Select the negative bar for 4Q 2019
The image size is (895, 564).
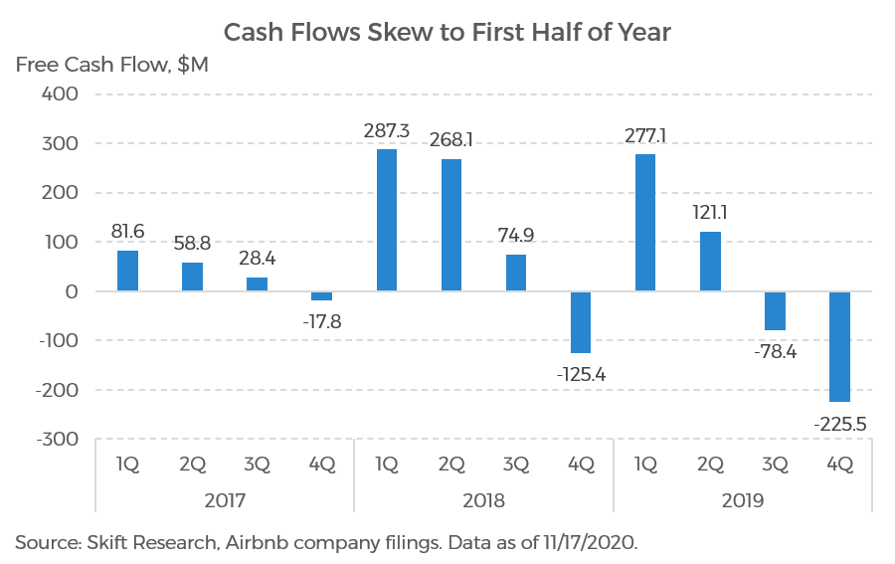839,346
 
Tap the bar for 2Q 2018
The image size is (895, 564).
450,225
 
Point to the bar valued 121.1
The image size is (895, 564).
710,262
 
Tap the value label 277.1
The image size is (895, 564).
645,132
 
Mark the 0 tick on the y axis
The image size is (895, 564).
72,291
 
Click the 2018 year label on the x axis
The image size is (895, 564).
483,500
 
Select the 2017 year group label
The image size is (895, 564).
225,500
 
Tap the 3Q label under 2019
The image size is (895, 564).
775,464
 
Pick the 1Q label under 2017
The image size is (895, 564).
127,464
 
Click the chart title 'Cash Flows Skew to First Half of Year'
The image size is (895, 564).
447,32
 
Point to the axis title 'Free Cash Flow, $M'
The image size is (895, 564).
110,66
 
